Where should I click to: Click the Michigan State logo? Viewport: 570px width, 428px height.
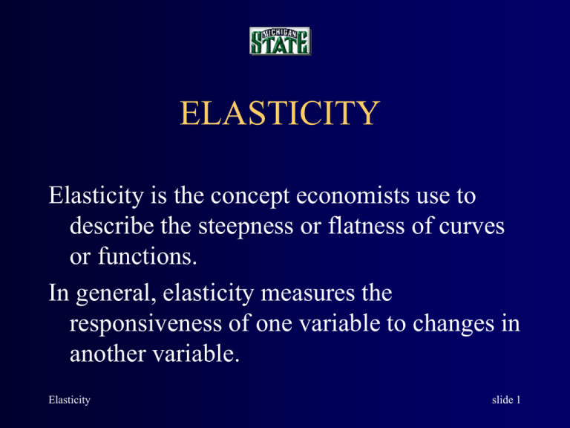[x=280, y=41]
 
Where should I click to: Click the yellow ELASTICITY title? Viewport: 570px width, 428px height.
[x=280, y=112]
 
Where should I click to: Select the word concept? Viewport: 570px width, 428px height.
[x=250, y=196]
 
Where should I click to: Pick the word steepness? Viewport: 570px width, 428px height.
[x=246, y=227]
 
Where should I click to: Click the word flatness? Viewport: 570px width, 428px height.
[x=367, y=226]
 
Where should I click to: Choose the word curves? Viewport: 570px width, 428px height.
[x=471, y=227]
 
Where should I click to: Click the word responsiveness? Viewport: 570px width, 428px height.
[x=145, y=325]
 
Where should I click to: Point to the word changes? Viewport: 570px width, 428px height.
[x=453, y=325]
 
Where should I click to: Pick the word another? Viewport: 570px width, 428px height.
[x=108, y=354]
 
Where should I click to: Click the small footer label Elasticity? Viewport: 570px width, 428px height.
[x=70, y=400]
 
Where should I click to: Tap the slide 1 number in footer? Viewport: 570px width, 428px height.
[x=506, y=400]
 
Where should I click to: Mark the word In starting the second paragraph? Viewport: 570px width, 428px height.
[x=59, y=293]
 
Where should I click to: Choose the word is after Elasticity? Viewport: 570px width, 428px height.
[x=159, y=196]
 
